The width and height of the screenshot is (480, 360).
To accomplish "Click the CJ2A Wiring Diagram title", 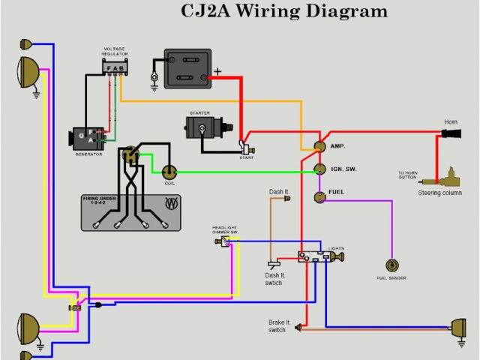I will point(284,11).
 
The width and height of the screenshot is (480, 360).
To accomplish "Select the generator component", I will point(85,139).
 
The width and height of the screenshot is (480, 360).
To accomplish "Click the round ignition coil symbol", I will point(169,172).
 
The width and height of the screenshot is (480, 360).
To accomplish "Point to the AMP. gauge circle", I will point(319,145).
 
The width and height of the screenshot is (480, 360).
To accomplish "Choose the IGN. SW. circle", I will point(319,169).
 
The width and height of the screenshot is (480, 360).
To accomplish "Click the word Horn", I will point(450,121).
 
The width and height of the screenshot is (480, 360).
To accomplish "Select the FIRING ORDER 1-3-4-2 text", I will point(100,202).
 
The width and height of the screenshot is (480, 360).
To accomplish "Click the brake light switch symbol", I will point(300,327).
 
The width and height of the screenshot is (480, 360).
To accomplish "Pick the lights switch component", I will point(315,257).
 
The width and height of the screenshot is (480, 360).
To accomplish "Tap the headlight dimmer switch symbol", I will point(224,241).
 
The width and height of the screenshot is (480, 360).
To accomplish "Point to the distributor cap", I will point(132,154).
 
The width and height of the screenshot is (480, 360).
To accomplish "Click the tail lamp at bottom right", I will point(457,327).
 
